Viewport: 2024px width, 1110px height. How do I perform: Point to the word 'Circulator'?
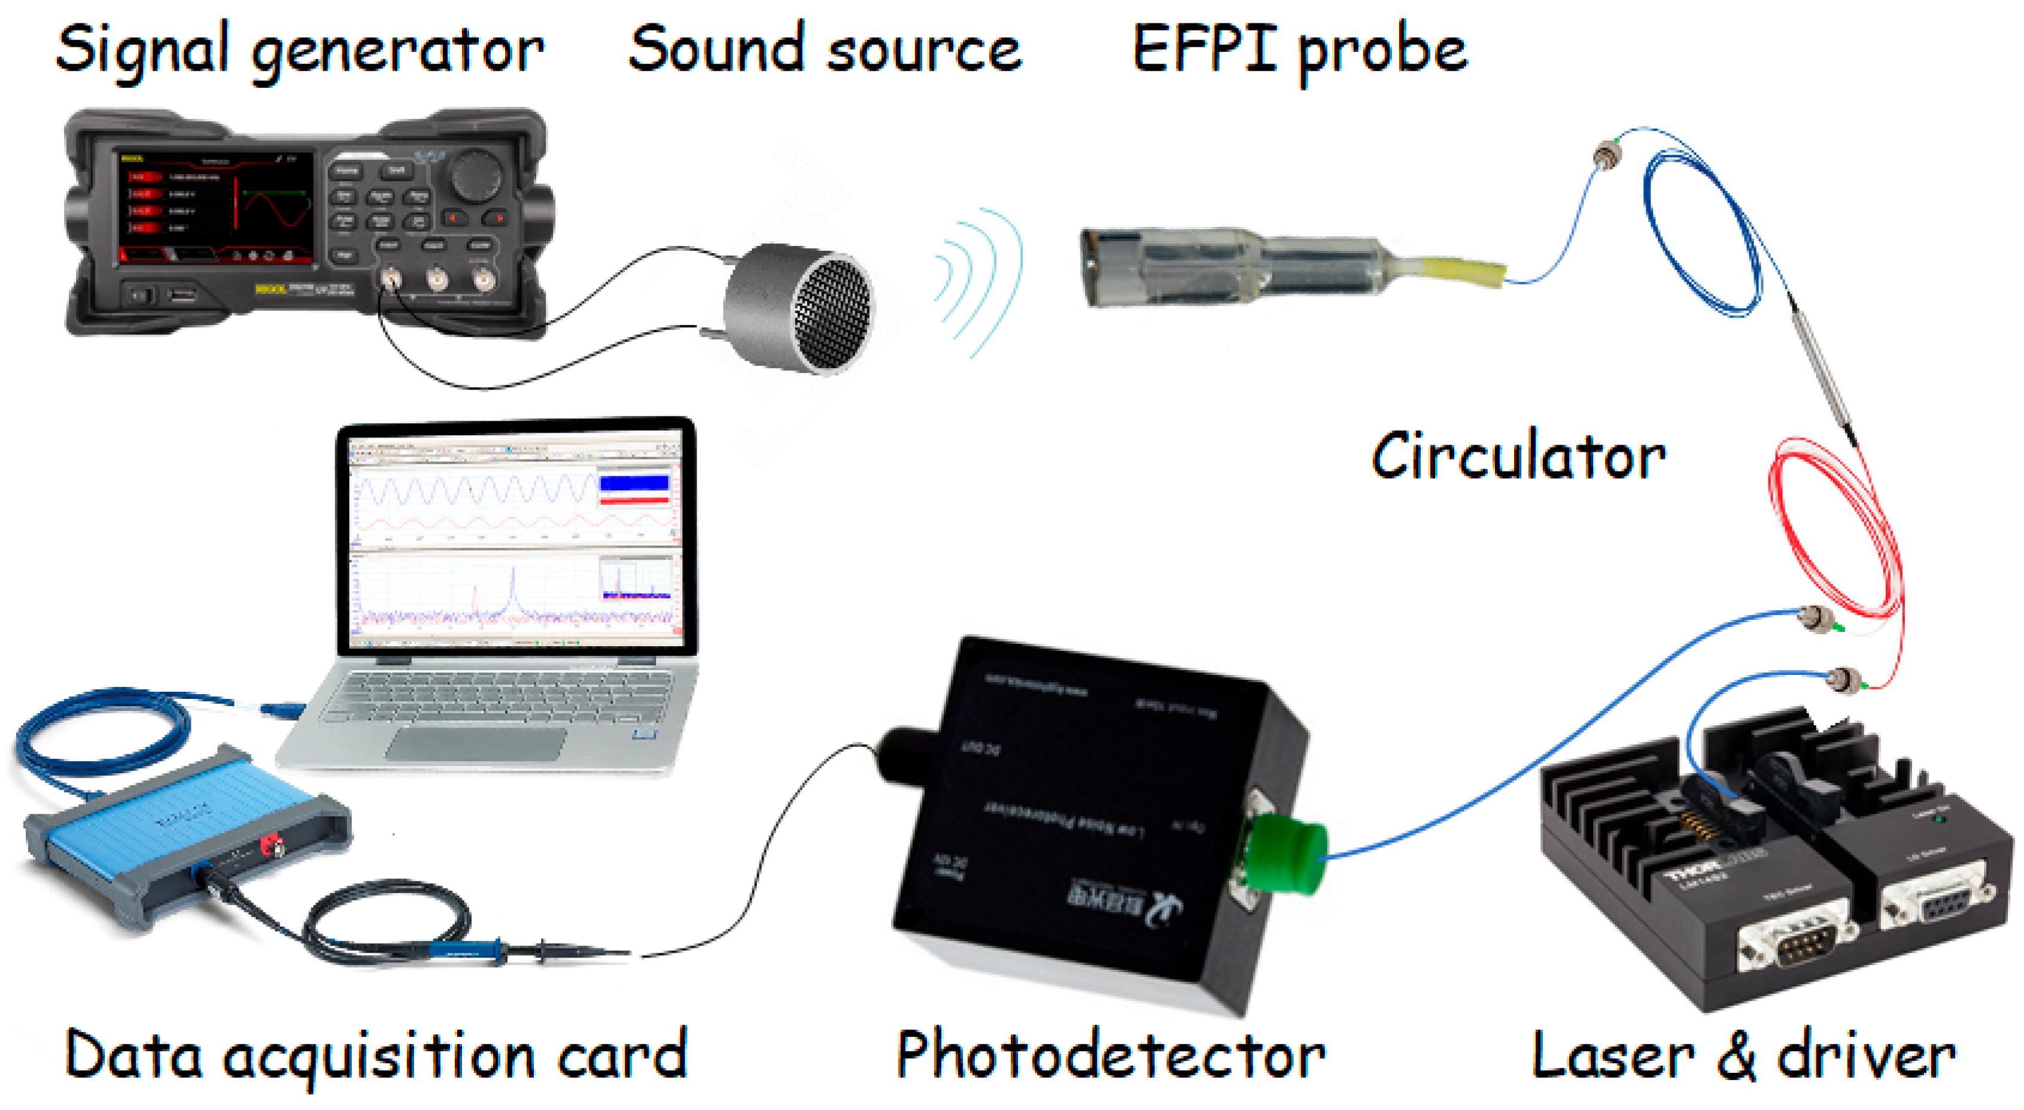click(x=1517, y=457)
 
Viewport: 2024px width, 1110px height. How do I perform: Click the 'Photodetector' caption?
click(x=1110, y=1055)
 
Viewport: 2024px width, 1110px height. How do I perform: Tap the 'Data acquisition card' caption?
click(x=376, y=1055)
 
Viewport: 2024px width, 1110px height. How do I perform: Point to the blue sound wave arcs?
click(x=978, y=283)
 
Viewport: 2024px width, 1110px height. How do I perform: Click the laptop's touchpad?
click(x=475, y=743)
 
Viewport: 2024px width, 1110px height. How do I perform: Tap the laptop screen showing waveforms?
click(x=515, y=538)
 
